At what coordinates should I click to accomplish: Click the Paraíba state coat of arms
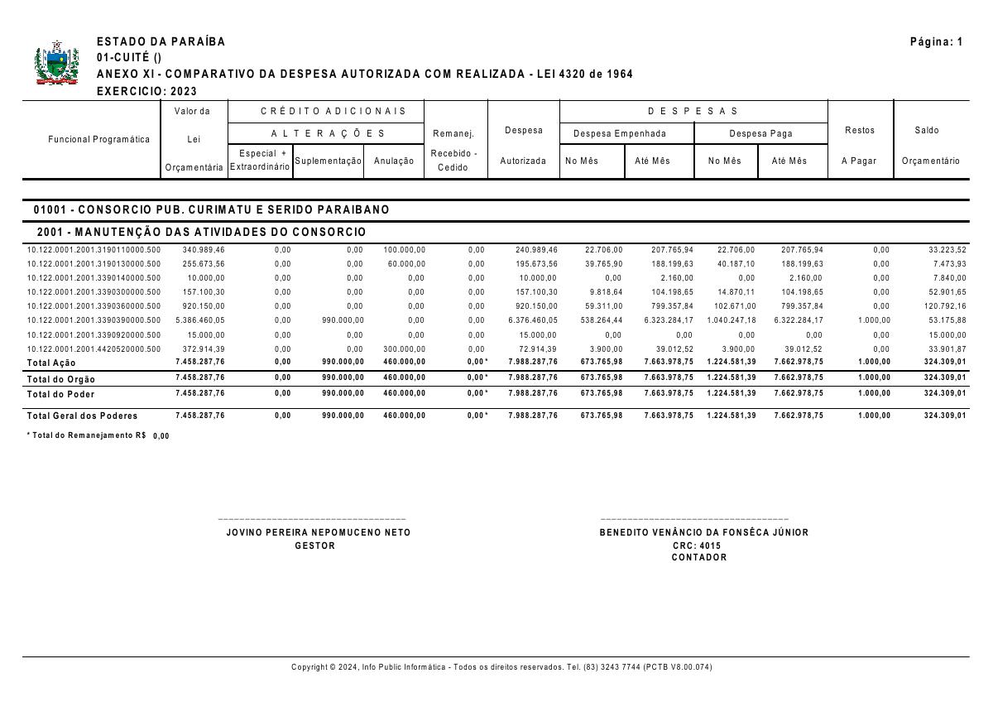pyautogui.click(x=56, y=64)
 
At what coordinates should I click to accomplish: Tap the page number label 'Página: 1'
pyautogui.click(x=936, y=42)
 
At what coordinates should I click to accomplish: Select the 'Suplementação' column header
pyautogui.click(x=329, y=161)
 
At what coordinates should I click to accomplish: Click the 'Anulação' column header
pyautogui.click(x=394, y=161)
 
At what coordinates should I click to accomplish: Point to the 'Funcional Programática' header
pyautogui.click(x=99, y=139)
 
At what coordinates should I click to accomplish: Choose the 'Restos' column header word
pyautogui.click(x=860, y=131)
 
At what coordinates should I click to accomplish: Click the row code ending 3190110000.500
pyautogui.click(x=94, y=250)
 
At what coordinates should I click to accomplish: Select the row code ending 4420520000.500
pyautogui.click(x=94, y=349)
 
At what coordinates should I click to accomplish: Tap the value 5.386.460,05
pyautogui.click(x=199, y=320)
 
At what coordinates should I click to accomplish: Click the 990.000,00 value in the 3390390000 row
pyautogui.click(x=343, y=320)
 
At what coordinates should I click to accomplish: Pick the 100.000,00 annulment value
pyautogui.click(x=404, y=250)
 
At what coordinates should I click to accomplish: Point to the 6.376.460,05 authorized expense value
pyautogui.click(x=533, y=320)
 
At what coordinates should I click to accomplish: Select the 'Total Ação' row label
pyautogui.click(x=51, y=363)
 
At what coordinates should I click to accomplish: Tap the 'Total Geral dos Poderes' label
pyautogui.click(x=82, y=416)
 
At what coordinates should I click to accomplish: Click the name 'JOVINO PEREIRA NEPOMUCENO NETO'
pyautogui.click(x=319, y=533)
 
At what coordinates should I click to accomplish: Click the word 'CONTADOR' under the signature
pyautogui.click(x=699, y=558)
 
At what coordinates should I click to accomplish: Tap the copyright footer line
pyautogui.click(x=501, y=667)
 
